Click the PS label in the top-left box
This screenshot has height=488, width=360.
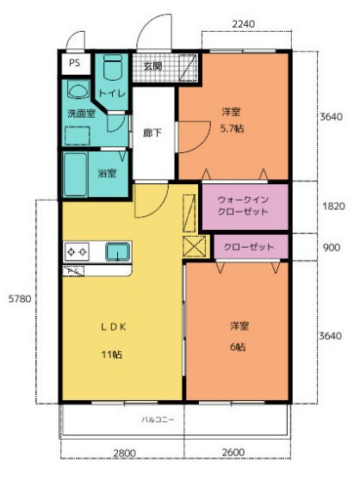pyautogui.click(x=74, y=63)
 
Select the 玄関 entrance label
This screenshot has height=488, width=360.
pyautogui.click(x=152, y=66)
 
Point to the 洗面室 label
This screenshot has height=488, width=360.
pyautogui.click(x=82, y=113)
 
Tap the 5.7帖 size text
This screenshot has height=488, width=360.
pyautogui.click(x=230, y=128)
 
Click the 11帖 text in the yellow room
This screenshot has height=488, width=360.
pyautogui.click(x=112, y=353)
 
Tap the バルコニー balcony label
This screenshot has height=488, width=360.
pyautogui.click(x=158, y=421)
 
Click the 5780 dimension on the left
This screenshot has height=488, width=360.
pyautogui.click(x=19, y=299)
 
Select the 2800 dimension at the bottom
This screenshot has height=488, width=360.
pyautogui.click(x=123, y=454)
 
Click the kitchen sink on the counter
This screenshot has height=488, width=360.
pyautogui.click(x=116, y=251)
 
